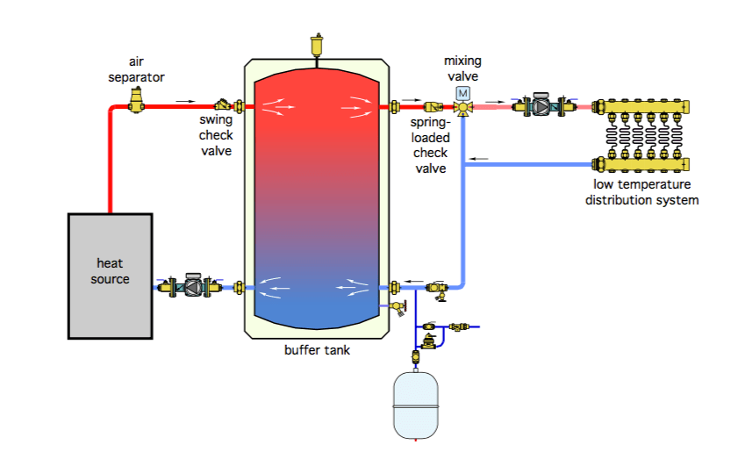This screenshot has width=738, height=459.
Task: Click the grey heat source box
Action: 111,275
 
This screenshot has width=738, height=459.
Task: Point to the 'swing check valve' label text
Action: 216,136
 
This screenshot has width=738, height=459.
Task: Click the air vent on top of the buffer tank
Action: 317,44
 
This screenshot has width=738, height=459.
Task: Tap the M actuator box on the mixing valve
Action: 462,93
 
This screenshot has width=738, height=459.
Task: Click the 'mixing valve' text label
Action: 462,68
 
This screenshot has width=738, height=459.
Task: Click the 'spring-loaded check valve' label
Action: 430,146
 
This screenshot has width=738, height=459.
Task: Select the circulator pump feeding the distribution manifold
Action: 541,107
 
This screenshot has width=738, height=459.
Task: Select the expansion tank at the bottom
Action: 417,405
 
